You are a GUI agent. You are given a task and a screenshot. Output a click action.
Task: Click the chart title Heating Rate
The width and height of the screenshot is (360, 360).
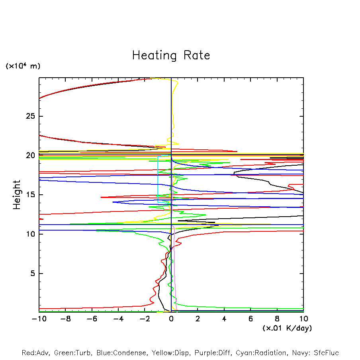click(x=171, y=55)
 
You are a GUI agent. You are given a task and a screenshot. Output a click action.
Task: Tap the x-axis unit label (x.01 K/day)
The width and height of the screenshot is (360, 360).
click(x=287, y=328)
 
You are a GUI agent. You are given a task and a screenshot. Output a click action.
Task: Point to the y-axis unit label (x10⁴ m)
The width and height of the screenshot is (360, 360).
click(x=23, y=66)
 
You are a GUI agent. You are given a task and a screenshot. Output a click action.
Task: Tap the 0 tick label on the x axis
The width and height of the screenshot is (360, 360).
click(x=171, y=319)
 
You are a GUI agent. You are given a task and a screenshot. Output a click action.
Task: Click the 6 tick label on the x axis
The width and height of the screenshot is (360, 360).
click(x=250, y=319)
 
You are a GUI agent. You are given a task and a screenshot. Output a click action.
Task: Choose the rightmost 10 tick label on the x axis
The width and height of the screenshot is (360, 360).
click(x=303, y=319)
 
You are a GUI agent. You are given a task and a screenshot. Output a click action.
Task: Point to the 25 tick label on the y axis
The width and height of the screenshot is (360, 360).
click(x=25, y=116)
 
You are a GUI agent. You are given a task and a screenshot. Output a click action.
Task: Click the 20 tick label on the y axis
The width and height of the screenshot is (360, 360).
click(x=25, y=156)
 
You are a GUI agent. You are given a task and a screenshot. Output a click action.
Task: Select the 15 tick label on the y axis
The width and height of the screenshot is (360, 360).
click(x=25, y=195)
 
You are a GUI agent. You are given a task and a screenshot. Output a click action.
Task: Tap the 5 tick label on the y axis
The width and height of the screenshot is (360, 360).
click(x=29, y=274)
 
